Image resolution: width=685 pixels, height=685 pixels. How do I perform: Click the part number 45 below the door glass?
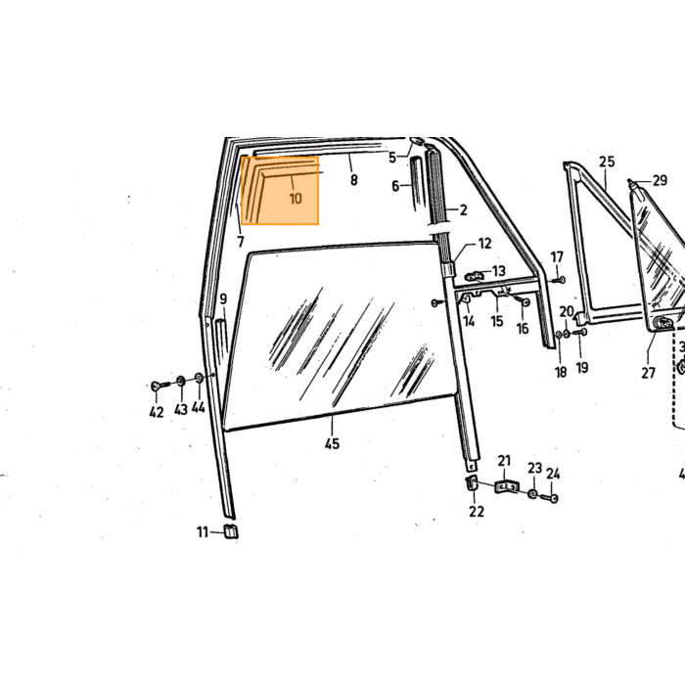tap(332, 443)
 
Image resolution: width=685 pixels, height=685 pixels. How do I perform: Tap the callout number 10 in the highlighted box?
tap(296, 199)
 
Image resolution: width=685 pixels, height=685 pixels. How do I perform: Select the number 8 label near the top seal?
tap(354, 179)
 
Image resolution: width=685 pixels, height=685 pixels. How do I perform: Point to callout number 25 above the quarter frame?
tap(607, 161)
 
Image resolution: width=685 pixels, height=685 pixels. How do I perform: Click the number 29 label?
tap(660, 180)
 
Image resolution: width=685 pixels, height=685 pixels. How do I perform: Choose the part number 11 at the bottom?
tap(202, 532)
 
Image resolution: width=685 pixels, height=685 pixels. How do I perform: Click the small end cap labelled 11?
tap(231, 530)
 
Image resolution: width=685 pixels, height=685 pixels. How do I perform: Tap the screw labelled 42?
tap(160, 386)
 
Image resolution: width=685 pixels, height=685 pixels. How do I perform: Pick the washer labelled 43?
tap(180, 381)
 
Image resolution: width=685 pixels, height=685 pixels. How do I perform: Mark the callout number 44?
tap(198, 407)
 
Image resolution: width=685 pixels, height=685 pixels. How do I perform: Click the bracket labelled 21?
tap(507, 486)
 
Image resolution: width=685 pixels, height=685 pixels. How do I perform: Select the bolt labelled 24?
tap(549, 497)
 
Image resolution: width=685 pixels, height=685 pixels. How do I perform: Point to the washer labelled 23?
tap(532, 493)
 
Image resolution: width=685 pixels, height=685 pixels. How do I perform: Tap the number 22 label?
tap(477, 511)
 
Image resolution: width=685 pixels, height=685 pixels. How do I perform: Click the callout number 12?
tap(485, 244)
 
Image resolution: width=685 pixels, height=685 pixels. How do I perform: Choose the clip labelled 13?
tap(476, 276)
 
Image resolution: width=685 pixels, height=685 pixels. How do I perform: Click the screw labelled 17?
tap(559, 279)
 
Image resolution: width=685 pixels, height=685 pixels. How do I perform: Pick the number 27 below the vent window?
tap(648, 373)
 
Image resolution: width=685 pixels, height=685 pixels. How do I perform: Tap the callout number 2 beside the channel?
tap(463, 210)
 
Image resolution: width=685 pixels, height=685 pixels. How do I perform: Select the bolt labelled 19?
tap(579, 333)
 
